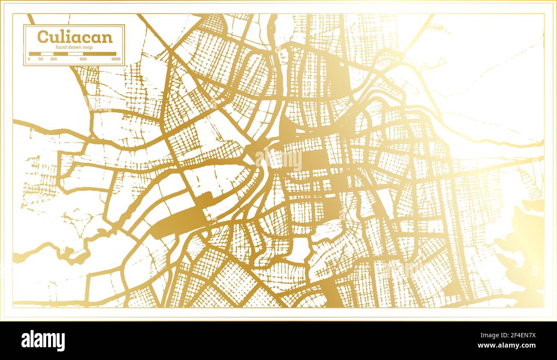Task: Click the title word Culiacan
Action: tap(75, 37)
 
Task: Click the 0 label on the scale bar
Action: tap(29, 59)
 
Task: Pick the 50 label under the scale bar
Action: tap(41, 59)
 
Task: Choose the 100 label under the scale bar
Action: tap(53, 59)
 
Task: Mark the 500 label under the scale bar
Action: tap(83, 59)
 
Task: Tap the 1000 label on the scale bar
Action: tap(115, 59)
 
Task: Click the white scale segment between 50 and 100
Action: tap(47, 54)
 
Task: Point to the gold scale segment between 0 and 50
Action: tap(35, 54)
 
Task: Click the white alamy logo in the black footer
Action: tap(43, 341)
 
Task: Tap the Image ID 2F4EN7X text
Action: tap(512, 336)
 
